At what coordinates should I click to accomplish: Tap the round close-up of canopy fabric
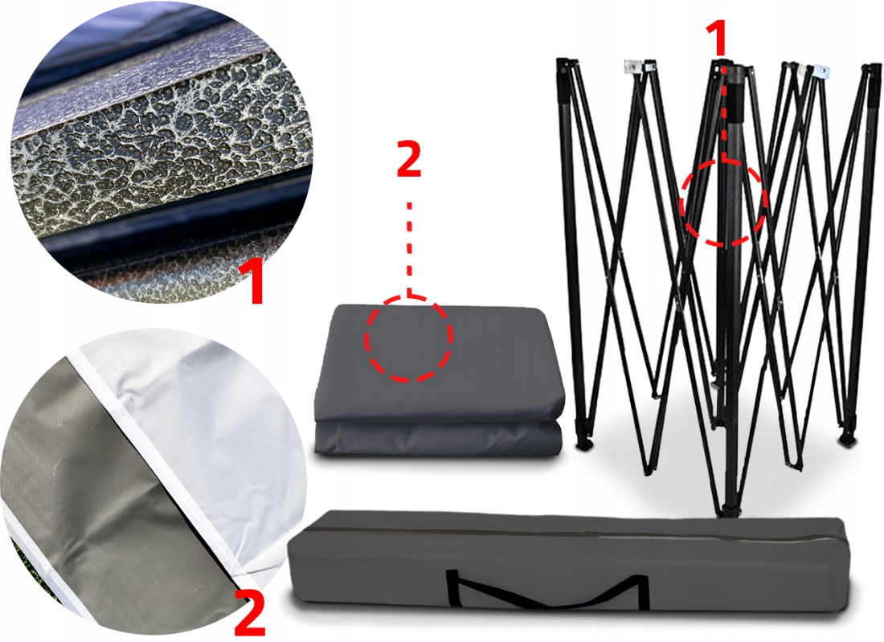pos(152,482)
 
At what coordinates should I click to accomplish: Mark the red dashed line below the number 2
pos(409,248)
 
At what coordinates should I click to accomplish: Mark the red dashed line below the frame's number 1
pos(724,110)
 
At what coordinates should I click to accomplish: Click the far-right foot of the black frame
pos(847,440)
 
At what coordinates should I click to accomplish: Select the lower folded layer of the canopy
pos(439,439)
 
